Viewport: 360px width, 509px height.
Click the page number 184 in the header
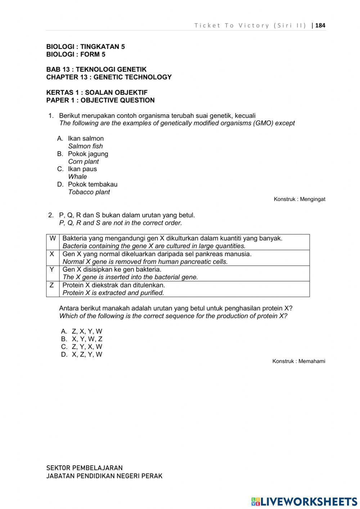(320, 25)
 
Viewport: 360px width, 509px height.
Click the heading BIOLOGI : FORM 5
(76, 54)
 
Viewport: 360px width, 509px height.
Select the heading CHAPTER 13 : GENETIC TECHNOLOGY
(109, 77)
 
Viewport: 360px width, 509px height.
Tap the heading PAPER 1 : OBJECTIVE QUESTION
(100, 100)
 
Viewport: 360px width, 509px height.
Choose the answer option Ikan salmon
(86, 138)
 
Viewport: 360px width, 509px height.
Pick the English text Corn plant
(83, 161)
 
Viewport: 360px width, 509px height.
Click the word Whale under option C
(77, 177)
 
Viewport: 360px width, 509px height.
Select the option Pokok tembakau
(93, 184)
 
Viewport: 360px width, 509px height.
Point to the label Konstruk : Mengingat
(299, 199)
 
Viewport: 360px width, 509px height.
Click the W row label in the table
(53, 238)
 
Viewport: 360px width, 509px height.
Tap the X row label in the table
(52, 254)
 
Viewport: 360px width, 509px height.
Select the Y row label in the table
(52, 269)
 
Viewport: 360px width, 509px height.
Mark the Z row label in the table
(52, 285)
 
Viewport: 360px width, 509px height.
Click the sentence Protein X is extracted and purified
(113, 293)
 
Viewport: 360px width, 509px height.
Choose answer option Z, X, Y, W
(87, 331)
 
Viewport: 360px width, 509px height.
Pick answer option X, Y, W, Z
(87, 339)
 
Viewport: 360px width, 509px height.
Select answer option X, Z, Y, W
(87, 354)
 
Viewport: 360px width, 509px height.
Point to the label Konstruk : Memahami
(298, 361)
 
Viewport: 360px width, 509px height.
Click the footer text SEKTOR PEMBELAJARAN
(84, 468)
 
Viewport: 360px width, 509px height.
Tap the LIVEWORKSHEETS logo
(304, 501)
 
